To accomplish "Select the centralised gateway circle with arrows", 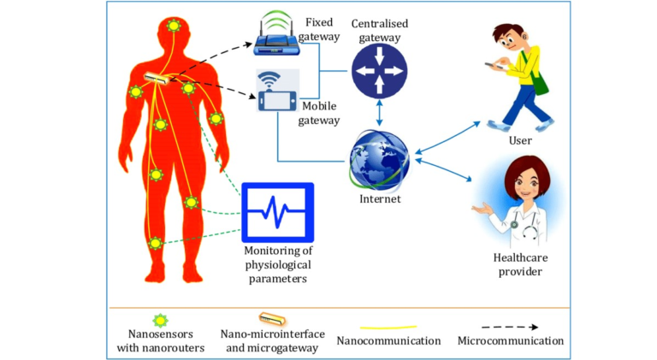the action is [x=379, y=71].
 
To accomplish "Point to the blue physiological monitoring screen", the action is [x=278, y=212].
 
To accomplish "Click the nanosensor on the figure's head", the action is [x=174, y=26].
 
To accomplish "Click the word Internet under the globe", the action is [x=380, y=199].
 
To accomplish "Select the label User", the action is [x=520, y=140].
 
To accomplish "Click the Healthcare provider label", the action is [x=520, y=264].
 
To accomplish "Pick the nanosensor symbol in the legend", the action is [x=160, y=321].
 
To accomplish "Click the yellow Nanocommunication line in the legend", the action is [x=388, y=328].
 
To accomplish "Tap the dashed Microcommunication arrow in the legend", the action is [x=510, y=327].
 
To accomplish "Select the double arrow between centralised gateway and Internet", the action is [x=379, y=113].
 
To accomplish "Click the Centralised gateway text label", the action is [x=380, y=31].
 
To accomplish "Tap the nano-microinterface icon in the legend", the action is [x=272, y=320].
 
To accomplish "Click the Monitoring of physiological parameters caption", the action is [x=278, y=264].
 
